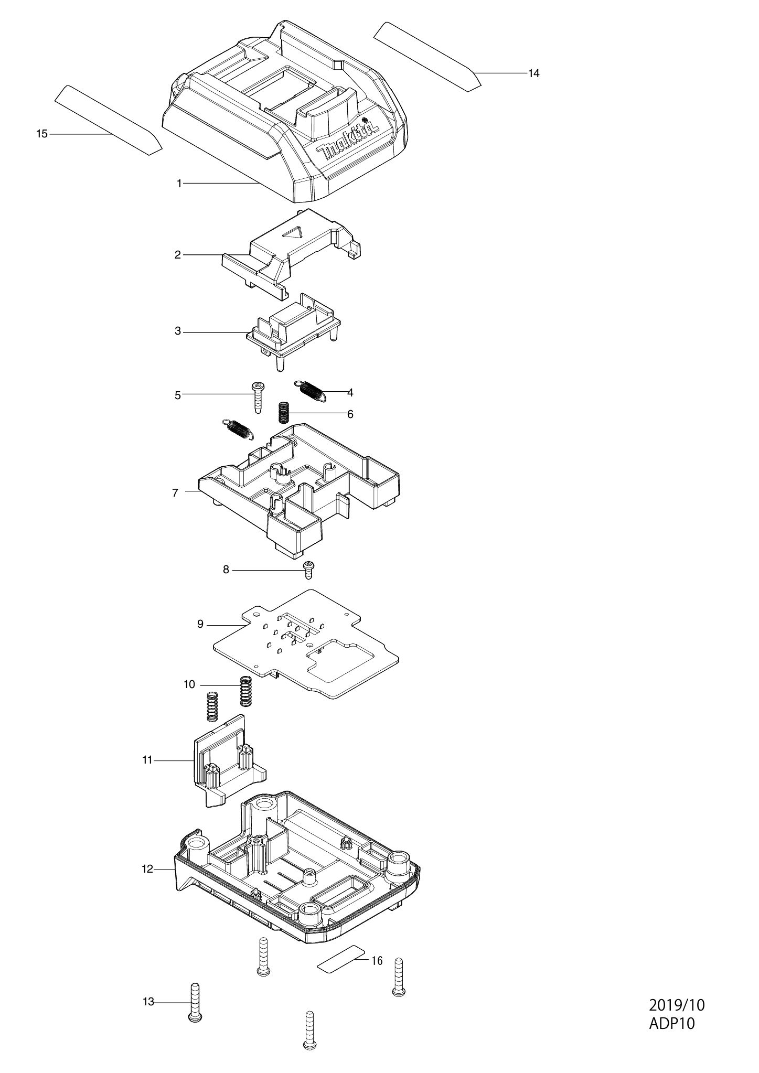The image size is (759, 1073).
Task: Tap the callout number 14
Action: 533,73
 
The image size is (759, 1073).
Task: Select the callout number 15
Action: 42,134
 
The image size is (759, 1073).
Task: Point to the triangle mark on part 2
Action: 293,233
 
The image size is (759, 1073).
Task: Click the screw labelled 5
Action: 258,398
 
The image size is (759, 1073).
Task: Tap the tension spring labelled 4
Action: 312,390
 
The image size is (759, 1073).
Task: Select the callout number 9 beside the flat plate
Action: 200,624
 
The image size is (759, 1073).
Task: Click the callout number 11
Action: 147,759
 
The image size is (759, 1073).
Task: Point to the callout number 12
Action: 147,869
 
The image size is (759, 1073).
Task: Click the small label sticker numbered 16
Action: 340,960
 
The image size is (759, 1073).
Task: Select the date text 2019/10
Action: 677,1020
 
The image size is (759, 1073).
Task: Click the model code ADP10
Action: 672,1038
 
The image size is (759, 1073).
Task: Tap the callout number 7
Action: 175,492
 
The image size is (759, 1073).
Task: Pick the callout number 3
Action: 178,331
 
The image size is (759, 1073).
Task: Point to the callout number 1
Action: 179,184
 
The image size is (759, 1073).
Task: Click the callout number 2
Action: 178,255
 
